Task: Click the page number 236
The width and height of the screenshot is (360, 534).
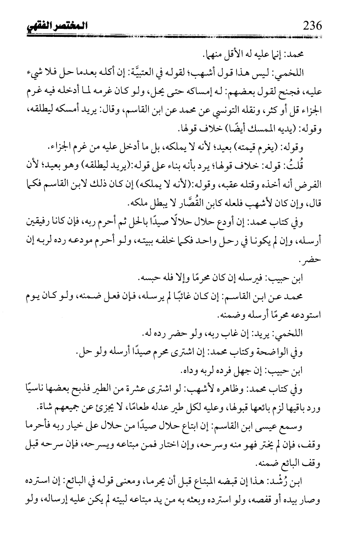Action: click(312, 27)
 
